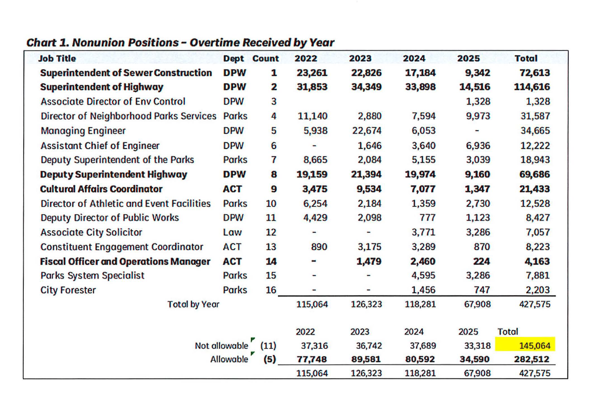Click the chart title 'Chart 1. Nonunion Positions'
180,42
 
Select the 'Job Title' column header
57,59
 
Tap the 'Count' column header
266,59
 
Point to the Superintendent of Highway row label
102,87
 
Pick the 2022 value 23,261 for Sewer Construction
312,73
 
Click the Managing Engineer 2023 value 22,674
367,131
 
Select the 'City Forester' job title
68,290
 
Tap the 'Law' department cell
232,232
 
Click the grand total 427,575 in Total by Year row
535,304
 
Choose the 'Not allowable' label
221,346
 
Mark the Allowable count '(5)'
269,360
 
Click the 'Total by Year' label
193,304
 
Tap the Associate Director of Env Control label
113,102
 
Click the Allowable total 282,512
532,360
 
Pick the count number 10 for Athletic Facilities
271,203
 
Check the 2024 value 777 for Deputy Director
427,218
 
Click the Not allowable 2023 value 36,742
369,346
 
